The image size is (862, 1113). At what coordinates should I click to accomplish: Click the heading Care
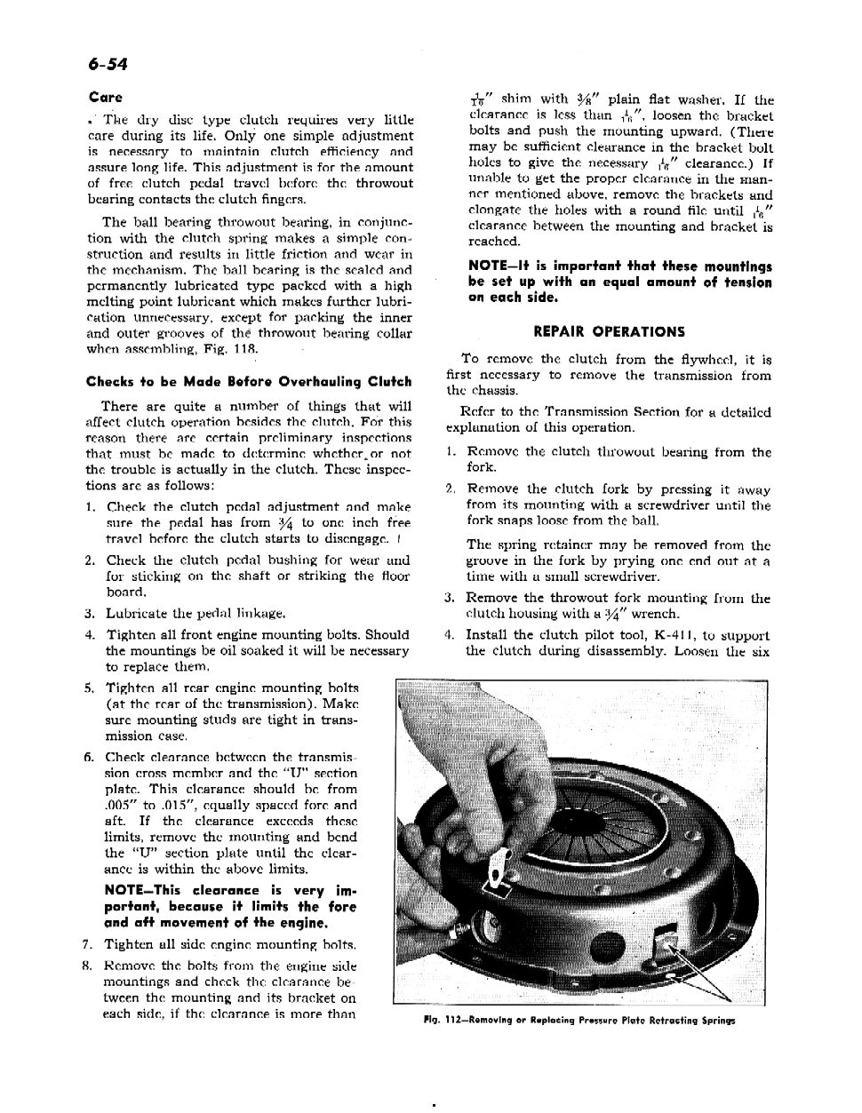(x=105, y=98)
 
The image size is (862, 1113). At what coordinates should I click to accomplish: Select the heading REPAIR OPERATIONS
(x=609, y=332)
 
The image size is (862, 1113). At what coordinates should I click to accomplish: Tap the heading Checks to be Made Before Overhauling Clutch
(x=248, y=382)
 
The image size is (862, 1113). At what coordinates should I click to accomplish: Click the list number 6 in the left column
(x=90, y=758)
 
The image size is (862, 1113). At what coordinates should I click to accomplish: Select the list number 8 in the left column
(x=90, y=966)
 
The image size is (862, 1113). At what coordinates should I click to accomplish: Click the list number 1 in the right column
(x=451, y=452)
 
